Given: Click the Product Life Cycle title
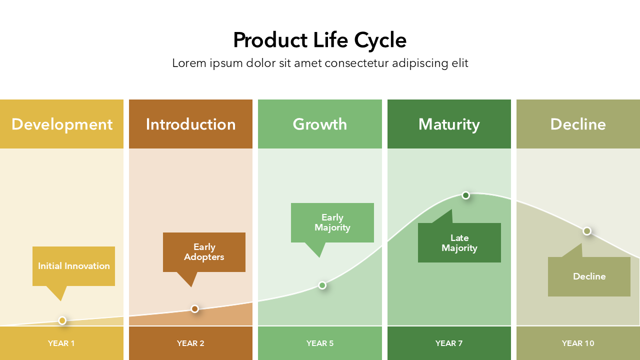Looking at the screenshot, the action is click(x=319, y=40).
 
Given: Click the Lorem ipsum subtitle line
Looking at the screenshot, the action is click(x=320, y=63).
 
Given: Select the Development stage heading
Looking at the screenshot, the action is click(x=62, y=124).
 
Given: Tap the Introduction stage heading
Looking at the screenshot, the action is click(x=190, y=124).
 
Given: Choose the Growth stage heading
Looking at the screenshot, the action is click(x=319, y=124).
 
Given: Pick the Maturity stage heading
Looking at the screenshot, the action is click(x=449, y=124).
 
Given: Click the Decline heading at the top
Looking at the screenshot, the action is click(x=578, y=124).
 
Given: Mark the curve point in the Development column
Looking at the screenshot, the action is click(x=62, y=320).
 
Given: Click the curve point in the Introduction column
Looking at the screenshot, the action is click(x=195, y=309).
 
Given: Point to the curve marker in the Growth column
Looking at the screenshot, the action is click(x=322, y=285).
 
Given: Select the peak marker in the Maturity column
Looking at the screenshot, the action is click(x=465, y=195).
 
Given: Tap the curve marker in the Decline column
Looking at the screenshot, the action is click(x=587, y=231).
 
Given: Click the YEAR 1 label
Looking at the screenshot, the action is click(x=61, y=343).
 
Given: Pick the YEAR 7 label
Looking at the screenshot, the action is click(x=449, y=343).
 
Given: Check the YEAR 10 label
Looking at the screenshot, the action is click(x=578, y=343).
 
